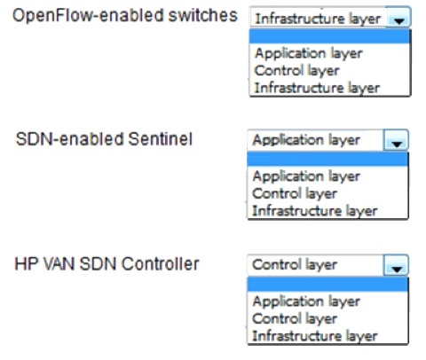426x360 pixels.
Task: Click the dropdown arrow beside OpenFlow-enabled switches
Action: tap(398, 19)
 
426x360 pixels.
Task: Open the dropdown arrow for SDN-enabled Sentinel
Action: tap(397, 141)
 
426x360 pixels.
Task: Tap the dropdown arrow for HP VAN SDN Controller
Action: tap(397, 266)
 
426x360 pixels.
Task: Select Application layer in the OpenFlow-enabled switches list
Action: tap(309, 53)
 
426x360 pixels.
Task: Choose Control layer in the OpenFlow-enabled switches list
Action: tap(296, 71)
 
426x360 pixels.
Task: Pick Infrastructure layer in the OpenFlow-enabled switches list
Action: tap(317, 88)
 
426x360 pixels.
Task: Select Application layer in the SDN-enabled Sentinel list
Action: tap(306, 176)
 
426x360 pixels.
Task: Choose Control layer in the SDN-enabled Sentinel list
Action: tap(295, 193)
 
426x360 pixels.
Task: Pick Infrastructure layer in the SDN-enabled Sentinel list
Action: tap(315, 211)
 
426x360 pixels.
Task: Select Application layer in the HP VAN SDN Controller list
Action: tap(306, 301)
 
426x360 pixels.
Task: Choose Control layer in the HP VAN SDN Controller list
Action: tap(295, 319)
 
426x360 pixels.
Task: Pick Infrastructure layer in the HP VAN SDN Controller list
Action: tap(315, 336)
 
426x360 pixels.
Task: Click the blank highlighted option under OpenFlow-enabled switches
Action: tap(329, 36)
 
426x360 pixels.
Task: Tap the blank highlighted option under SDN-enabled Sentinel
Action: tap(327, 160)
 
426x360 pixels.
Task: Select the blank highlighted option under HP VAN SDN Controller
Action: tap(327, 285)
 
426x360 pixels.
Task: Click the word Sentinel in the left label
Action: tap(161, 139)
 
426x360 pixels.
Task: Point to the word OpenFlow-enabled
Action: tap(89, 15)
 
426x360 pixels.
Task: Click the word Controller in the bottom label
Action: tap(160, 264)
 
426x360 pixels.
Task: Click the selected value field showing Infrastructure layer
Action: tap(318, 19)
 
